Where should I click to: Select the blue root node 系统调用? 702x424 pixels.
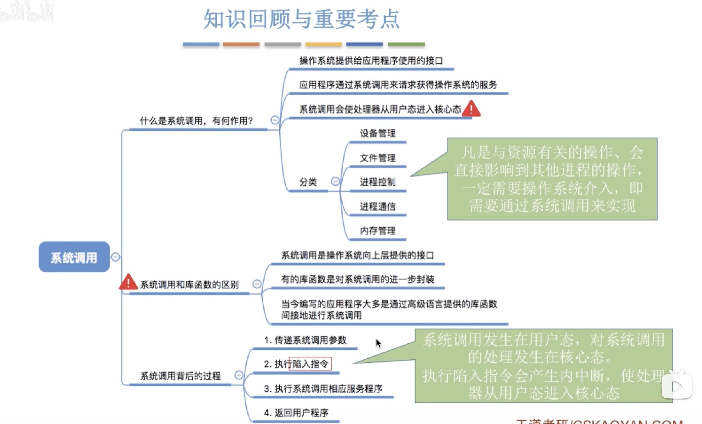74,257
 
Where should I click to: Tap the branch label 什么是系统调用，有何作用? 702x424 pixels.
196,121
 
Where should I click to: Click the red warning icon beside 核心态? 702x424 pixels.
471,109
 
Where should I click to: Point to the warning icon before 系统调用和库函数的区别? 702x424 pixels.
129,282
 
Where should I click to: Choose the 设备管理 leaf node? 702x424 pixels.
377,133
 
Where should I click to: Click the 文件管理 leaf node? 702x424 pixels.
377,158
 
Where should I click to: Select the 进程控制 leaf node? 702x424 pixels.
377,182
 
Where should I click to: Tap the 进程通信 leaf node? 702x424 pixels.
377,206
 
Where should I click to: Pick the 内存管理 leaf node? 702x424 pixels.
377,231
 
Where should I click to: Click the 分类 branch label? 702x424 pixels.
308,182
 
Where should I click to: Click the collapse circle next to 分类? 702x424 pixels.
335,181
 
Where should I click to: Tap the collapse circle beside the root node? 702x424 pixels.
115,257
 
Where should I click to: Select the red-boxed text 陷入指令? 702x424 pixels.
310,364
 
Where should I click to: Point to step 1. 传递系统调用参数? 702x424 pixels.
305,340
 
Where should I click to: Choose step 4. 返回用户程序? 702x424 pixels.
296,412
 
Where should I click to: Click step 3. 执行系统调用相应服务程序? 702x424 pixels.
323,388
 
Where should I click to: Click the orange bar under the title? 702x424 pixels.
241,44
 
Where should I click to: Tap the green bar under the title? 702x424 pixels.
406,44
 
